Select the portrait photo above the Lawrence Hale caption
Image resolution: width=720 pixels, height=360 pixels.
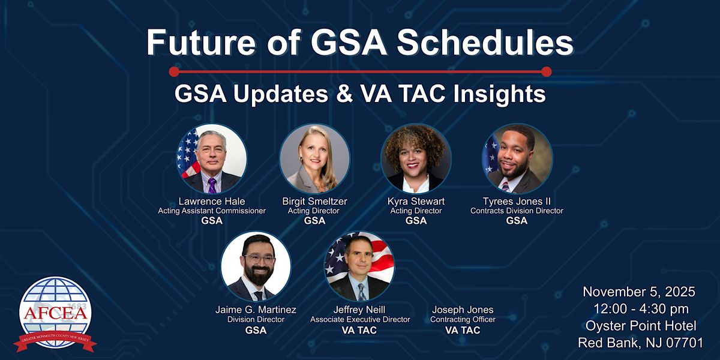click(x=212, y=159)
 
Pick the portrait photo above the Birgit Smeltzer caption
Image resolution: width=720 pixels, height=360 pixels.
click(x=314, y=159)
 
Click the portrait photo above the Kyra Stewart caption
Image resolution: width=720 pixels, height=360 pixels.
click(x=416, y=159)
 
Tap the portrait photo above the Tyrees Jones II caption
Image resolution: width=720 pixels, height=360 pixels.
click(x=517, y=159)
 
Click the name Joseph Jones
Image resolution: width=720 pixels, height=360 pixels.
click(x=463, y=310)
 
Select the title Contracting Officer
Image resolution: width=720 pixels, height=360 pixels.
click(x=463, y=320)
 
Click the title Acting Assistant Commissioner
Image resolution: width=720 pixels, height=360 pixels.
click(x=212, y=211)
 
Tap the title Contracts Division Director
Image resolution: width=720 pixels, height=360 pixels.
click(x=517, y=211)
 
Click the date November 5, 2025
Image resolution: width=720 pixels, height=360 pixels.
click(x=639, y=292)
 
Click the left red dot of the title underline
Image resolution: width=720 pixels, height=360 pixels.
click(x=175, y=72)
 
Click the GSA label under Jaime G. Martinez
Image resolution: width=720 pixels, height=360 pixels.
click(x=256, y=330)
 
